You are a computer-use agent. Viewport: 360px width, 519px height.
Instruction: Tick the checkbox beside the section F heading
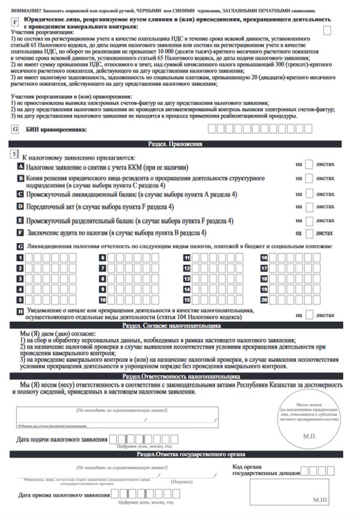coord(327,29)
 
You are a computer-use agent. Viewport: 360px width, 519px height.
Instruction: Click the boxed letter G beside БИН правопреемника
coord(14,129)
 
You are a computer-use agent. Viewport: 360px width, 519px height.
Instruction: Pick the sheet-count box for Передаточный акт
coord(309,207)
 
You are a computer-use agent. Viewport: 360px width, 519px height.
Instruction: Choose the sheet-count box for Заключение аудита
coord(309,233)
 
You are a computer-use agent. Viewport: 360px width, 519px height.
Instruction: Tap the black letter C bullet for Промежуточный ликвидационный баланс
coord(22,195)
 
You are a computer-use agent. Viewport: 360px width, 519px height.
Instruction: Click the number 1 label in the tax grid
coord(21,258)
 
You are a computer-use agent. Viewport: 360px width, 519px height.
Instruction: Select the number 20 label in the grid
coord(264,299)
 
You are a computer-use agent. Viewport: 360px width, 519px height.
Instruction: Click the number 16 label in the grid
coord(264,258)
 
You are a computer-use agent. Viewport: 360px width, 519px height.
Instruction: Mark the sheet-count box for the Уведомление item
coord(309,314)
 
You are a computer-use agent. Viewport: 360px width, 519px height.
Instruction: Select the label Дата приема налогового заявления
coord(63,496)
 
